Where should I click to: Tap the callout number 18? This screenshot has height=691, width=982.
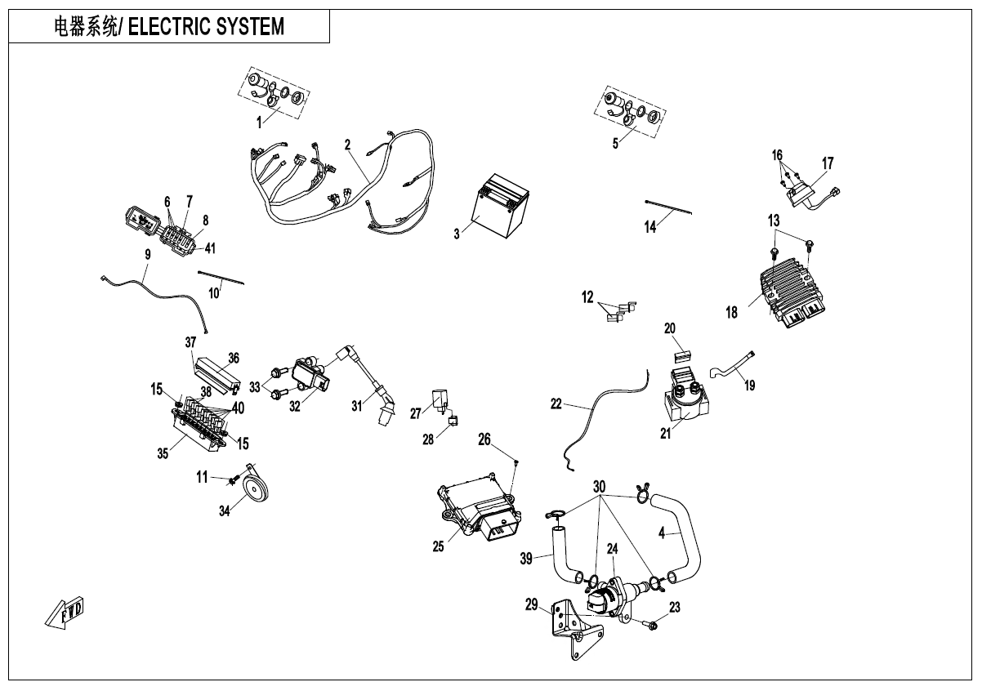coord(731,311)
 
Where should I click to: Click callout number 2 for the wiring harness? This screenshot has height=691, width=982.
coord(347,145)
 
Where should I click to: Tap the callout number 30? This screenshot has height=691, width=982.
coord(600,485)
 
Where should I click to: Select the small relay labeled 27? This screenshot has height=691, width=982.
coord(443,397)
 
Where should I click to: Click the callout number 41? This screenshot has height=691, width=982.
coord(210,248)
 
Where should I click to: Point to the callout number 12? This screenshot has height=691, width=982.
coord(587,298)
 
